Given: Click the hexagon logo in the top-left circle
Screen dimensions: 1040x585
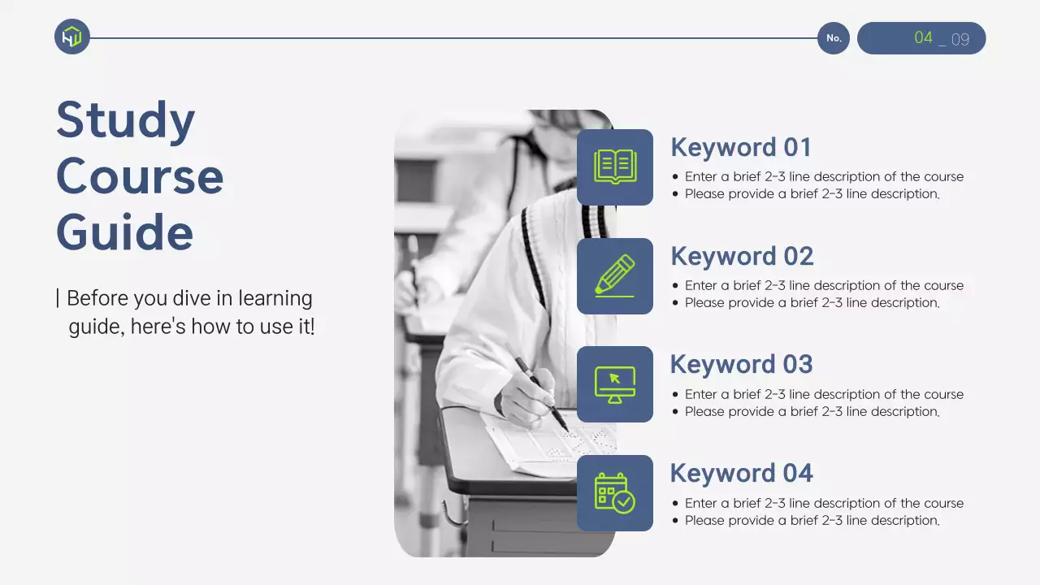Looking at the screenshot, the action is [x=72, y=37].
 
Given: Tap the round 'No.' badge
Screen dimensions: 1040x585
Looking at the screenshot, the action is [x=834, y=38].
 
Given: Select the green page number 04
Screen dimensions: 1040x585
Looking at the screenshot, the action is [x=923, y=37].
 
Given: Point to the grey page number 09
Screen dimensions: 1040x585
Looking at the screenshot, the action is [x=960, y=40].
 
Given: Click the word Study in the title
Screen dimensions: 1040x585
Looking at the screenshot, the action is [x=125, y=119].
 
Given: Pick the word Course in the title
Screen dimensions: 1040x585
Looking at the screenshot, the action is [x=140, y=177].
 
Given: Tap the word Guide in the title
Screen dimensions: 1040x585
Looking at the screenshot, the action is [x=124, y=232].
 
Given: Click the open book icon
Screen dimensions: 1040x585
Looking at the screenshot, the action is [x=615, y=167].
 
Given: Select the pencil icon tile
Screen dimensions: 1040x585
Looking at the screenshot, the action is [x=615, y=275].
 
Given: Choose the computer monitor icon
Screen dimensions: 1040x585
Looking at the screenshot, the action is [x=615, y=385].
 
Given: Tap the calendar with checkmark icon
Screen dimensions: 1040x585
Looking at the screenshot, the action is [x=615, y=493].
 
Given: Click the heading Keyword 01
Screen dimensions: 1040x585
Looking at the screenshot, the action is [x=741, y=147].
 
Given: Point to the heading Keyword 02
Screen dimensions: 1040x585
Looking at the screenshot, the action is [x=742, y=256].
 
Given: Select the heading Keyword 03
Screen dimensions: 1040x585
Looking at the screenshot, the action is [x=742, y=364].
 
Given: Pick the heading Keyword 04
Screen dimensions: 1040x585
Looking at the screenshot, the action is [x=742, y=473].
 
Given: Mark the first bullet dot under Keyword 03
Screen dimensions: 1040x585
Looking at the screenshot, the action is [x=675, y=395].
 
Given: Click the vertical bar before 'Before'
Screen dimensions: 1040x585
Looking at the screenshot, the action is [x=58, y=298].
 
